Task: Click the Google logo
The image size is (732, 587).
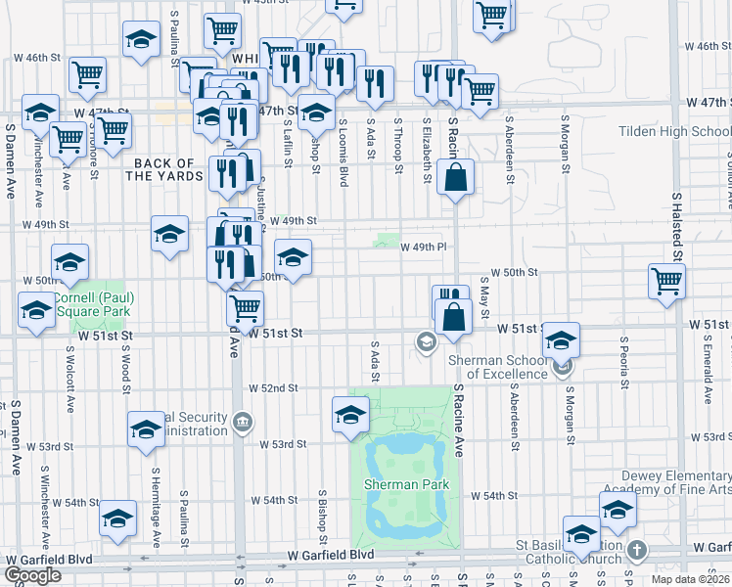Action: [x=33, y=575]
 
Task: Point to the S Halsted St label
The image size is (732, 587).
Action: [x=676, y=225]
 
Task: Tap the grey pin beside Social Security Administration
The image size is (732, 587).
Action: [x=243, y=423]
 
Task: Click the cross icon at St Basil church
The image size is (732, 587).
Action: [x=637, y=550]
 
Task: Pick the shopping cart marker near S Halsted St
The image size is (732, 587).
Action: [x=666, y=280]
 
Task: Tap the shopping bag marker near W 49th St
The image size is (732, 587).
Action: [x=456, y=178]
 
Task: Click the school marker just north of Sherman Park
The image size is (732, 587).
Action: [x=350, y=414]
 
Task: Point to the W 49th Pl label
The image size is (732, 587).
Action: [x=424, y=248]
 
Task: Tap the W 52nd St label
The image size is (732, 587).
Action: [x=272, y=388]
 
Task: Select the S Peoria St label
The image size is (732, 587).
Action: [x=622, y=362]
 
